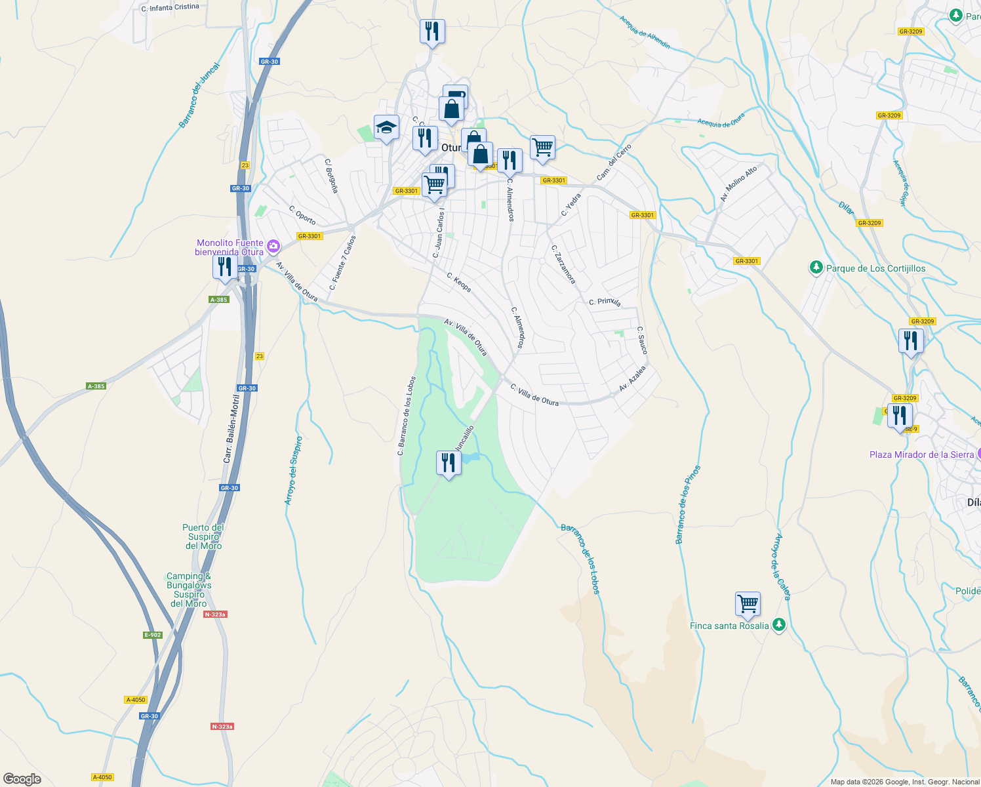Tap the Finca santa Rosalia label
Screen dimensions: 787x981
pyautogui.click(x=729, y=626)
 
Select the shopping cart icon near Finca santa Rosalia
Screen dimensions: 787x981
pyautogui.click(x=748, y=603)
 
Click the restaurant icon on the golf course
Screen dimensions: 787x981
pyautogui.click(x=449, y=463)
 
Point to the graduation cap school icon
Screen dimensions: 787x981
pyautogui.click(x=386, y=127)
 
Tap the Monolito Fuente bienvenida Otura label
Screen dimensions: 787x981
pyautogui.click(x=230, y=247)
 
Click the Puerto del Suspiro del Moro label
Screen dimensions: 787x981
pyautogui.click(x=203, y=536)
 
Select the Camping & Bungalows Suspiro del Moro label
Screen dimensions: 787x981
pyautogui.click(x=189, y=590)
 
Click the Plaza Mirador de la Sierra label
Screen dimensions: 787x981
pyautogui.click(x=921, y=454)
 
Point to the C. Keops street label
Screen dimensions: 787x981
pyautogui.click(x=459, y=282)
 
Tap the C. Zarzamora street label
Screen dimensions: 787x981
pyautogui.click(x=563, y=265)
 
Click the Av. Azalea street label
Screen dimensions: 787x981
pyautogui.click(x=632, y=378)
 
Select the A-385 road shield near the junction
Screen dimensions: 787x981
pyautogui.click(x=218, y=300)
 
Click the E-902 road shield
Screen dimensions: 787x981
pyautogui.click(x=152, y=635)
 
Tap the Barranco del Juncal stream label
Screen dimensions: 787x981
pyautogui.click(x=199, y=96)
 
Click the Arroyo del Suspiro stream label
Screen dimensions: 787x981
pyautogui.click(x=293, y=470)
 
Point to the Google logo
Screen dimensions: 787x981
pyautogui.click(x=22, y=779)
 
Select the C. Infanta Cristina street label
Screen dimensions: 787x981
pyautogui.click(x=170, y=8)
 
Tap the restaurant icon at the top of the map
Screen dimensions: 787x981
pyautogui.click(x=432, y=31)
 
